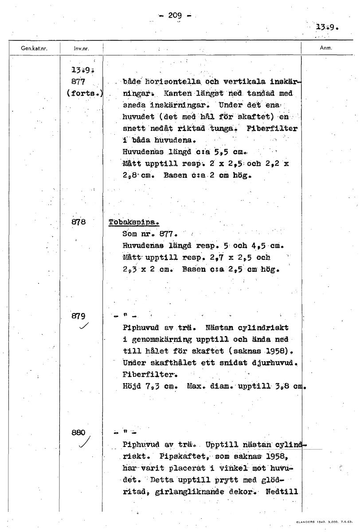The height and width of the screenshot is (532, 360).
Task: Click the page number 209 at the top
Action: pyautogui.click(x=175, y=16)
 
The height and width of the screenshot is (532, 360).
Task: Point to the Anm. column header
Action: pyautogui.click(x=326, y=48)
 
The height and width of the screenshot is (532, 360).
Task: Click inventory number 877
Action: pyautogui.click(x=78, y=82)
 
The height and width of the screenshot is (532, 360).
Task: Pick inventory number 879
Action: pyautogui.click(x=78, y=317)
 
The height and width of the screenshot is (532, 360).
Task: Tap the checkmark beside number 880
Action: pyautogui.click(x=86, y=443)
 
